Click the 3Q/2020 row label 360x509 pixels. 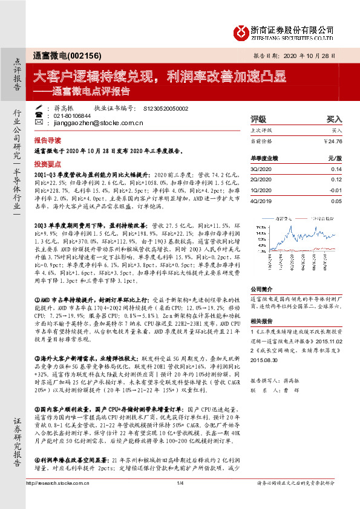point(261,170)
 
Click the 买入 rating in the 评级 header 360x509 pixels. point(335,119)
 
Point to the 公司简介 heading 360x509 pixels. point(262,290)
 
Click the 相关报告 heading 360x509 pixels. point(262,321)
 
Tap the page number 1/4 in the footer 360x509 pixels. point(180,500)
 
